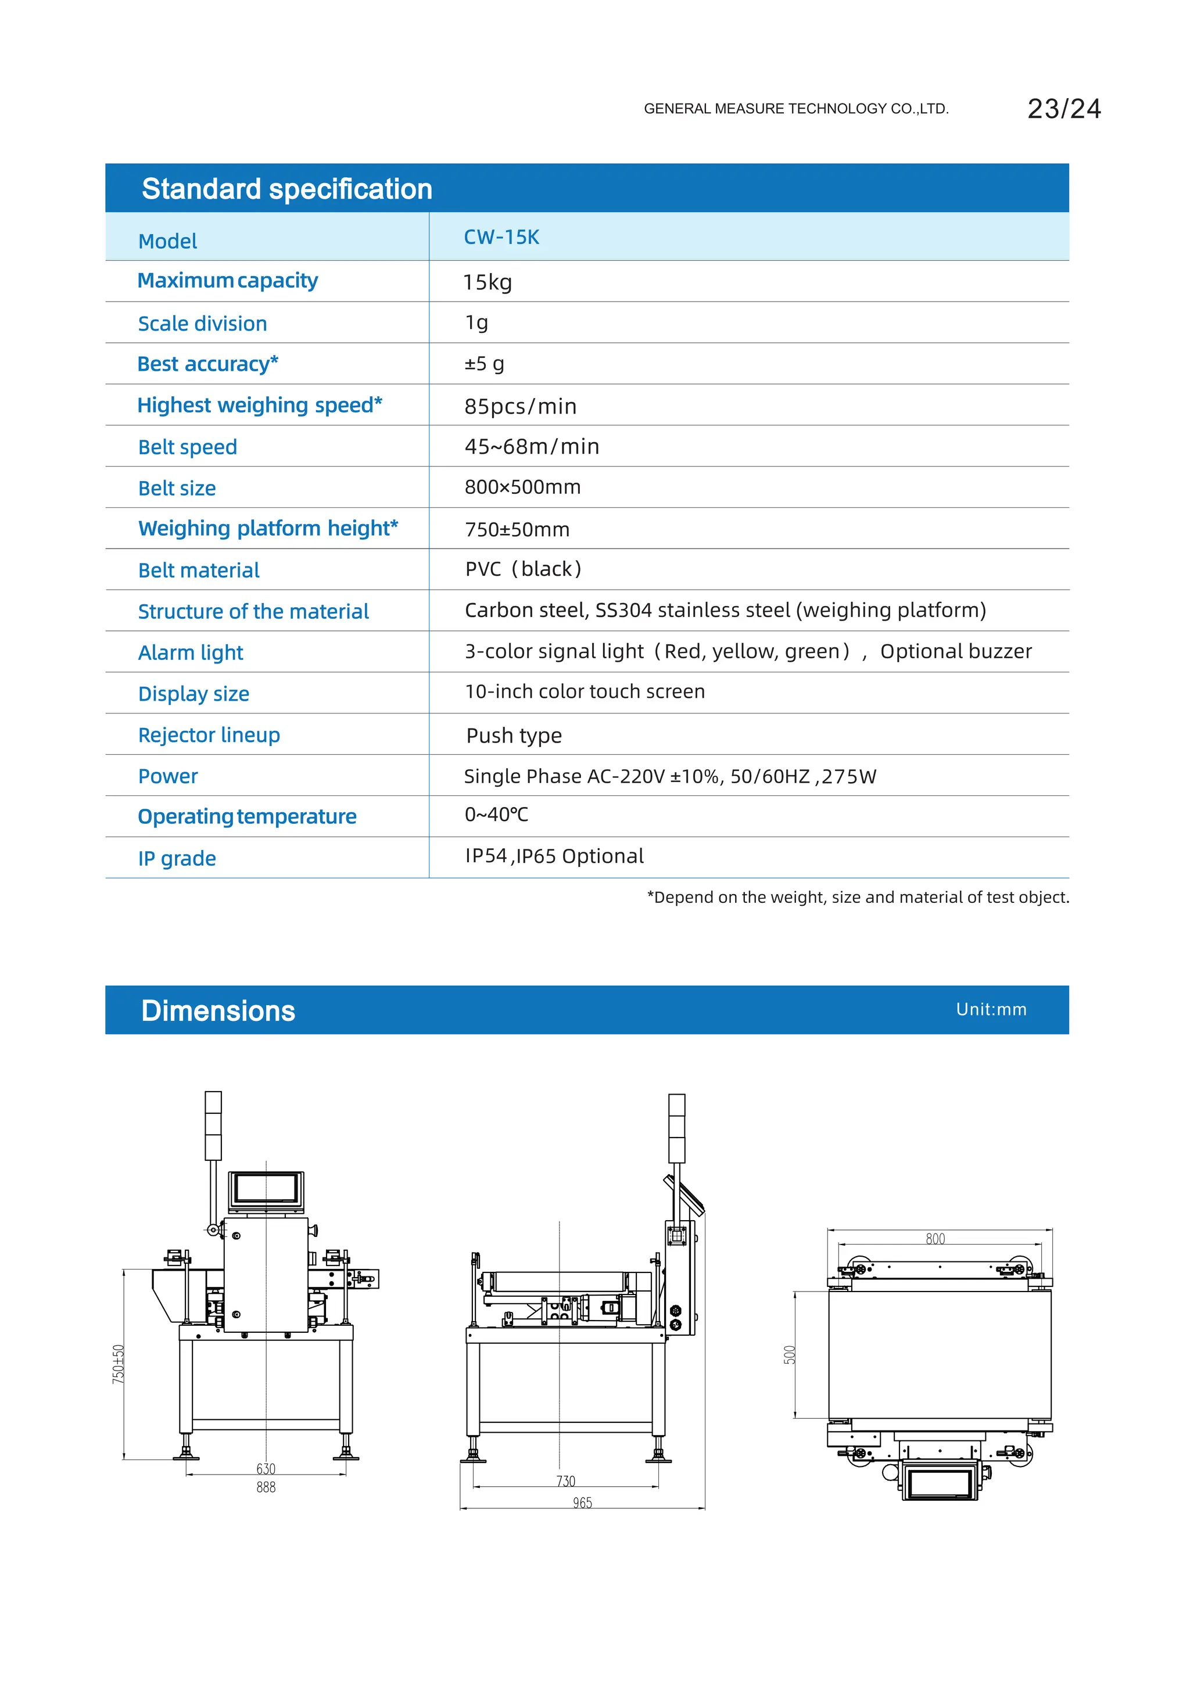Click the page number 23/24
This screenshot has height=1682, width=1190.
pos(1063,109)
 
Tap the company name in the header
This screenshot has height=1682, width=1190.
pos(796,109)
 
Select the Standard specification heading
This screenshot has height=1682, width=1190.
pos(286,189)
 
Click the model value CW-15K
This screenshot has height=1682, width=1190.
pos(501,238)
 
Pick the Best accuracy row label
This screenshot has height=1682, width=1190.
pos(207,364)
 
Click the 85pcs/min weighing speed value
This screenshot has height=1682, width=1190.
pos(520,407)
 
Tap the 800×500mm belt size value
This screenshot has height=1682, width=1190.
pos(522,487)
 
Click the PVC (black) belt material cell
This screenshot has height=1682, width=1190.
pos(522,569)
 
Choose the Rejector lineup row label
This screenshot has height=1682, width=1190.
pos(209,735)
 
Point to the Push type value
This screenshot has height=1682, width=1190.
pos(514,736)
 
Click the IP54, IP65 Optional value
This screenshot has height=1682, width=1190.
pos(554,856)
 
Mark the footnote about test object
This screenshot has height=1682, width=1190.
pos(857,898)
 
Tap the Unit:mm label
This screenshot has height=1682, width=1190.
pos(991,1010)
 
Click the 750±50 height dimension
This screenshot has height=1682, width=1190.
pos(118,1364)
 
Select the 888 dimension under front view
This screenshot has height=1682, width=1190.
pos(266,1487)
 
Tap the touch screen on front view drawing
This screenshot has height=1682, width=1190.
pos(266,1188)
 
